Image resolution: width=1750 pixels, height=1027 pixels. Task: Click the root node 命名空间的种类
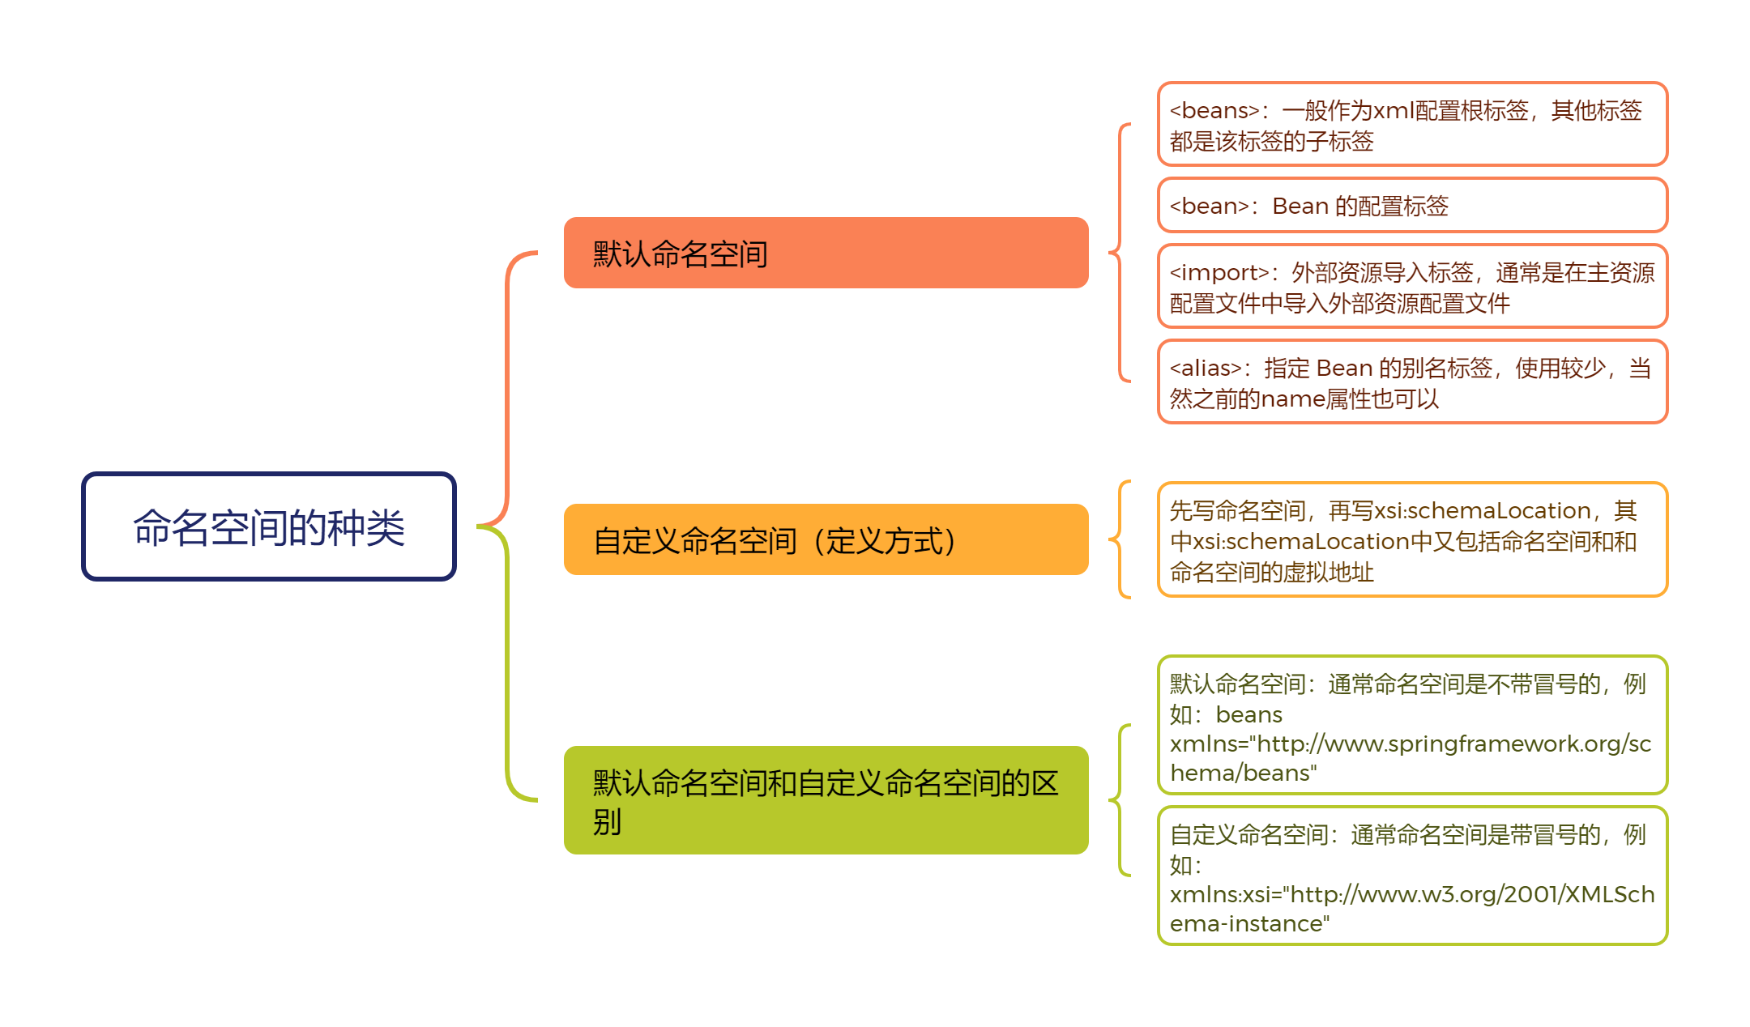pos(268,526)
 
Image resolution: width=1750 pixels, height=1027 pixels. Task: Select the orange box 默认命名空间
pos(826,253)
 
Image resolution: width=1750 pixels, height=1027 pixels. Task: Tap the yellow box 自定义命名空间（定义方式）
pos(826,539)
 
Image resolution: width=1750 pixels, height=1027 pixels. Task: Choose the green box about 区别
pos(826,800)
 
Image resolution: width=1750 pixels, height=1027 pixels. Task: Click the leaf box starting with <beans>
pos(1412,125)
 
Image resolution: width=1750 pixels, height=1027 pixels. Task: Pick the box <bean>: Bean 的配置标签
pos(1412,206)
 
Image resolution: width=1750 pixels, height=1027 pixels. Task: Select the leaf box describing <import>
pos(1412,287)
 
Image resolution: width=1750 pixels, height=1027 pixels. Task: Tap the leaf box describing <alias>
pos(1412,382)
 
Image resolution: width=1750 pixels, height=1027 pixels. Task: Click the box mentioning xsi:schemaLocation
pos(1412,540)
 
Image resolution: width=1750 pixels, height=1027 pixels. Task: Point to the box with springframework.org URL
pos(1412,726)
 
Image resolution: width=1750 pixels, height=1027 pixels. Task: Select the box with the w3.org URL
pos(1412,876)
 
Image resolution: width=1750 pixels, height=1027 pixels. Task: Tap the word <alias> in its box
pos(1206,369)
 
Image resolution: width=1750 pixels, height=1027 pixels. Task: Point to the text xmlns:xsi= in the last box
pos(1226,895)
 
